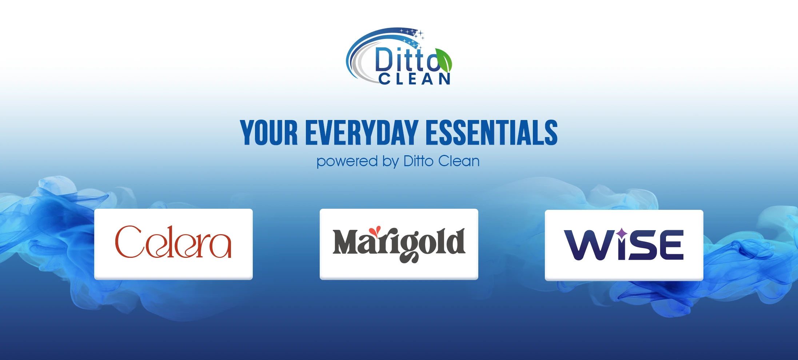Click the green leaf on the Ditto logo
[x=444, y=60]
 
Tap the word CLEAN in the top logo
[x=415, y=79]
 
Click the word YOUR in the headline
[x=269, y=133]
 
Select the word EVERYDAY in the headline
[x=362, y=133]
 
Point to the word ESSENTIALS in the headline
[x=491, y=133]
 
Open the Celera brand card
[x=173, y=244]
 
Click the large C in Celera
[x=128, y=241]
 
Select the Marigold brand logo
[x=399, y=244]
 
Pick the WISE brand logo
[x=624, y=245]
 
